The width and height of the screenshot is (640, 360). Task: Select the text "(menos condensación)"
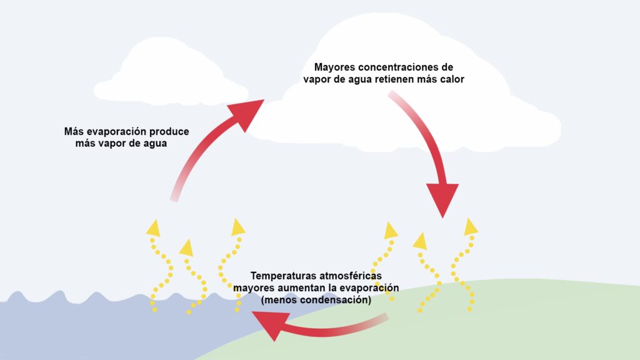coord(316,300)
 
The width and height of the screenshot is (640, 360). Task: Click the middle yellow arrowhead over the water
coord(186,247)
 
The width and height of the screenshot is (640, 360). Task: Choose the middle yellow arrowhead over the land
coord(420,241)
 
